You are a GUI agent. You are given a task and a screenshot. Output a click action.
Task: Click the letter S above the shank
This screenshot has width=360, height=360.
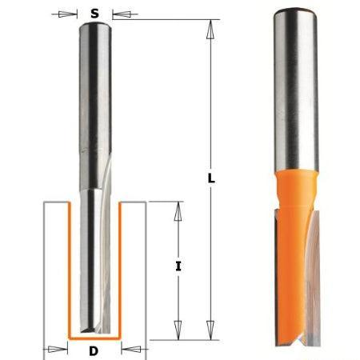[95, 13]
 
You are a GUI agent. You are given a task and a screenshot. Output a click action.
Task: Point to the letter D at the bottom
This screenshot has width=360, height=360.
[95, 350]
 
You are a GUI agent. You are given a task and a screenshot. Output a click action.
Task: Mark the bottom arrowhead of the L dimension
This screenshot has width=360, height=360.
[210, 334]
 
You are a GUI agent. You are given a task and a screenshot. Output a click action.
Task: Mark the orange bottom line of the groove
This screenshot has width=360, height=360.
[95, 337]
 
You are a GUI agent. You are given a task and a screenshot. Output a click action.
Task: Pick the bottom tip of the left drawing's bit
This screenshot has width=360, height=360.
[95, 330]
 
